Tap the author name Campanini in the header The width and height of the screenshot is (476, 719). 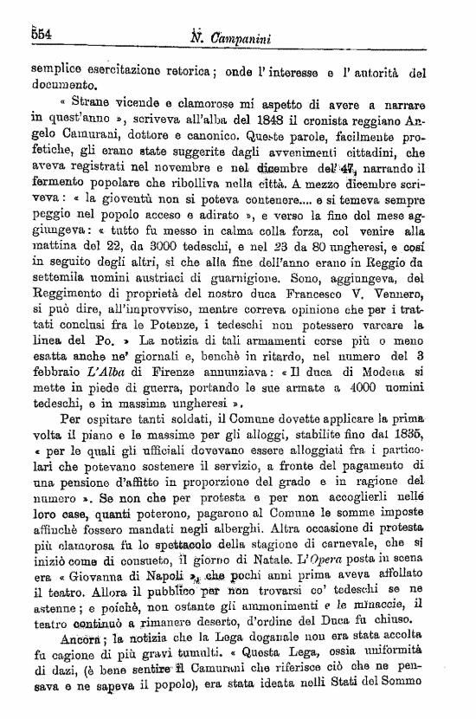tap(251, 36)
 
